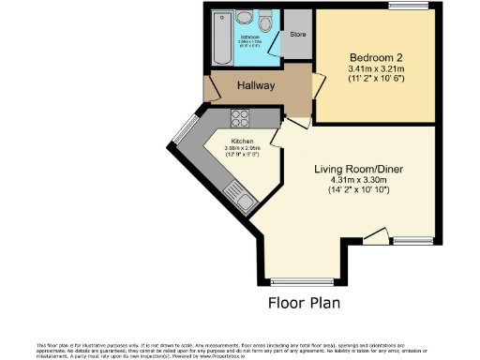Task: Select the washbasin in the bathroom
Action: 244,18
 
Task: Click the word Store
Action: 297,35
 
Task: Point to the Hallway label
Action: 255,85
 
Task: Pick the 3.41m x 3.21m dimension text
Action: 375,68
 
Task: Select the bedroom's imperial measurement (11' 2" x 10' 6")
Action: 375,79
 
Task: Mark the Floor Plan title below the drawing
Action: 305,303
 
